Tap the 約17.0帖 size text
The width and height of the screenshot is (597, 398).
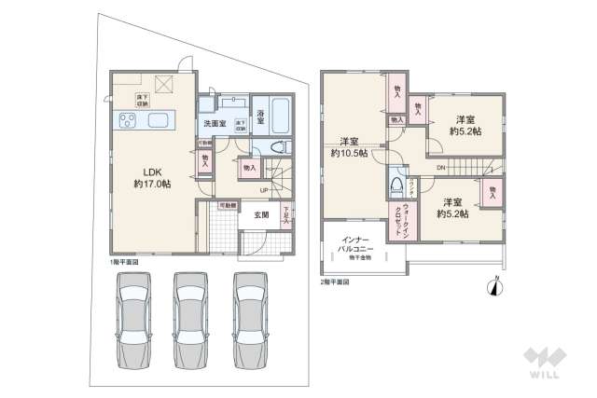(153, 185)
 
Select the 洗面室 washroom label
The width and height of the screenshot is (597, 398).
(213, 124)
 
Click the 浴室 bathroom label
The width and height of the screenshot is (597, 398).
(260, 117)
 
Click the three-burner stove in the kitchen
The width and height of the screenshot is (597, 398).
(126, 118)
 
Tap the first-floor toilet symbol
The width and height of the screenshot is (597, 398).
(275, 148)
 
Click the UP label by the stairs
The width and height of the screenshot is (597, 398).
(265, 192)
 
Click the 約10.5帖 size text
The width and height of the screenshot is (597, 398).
(351, 154)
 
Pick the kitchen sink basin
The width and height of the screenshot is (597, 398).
(156, 119)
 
